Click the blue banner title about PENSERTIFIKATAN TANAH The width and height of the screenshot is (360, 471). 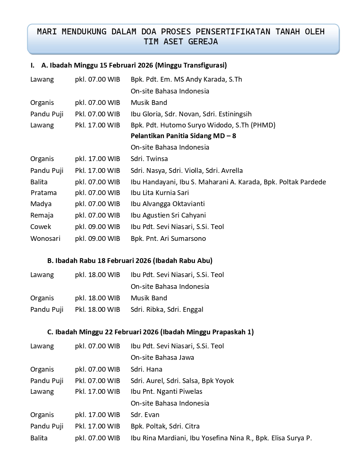[181, 37]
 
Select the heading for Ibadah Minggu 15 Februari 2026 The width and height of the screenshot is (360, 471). [134, 65]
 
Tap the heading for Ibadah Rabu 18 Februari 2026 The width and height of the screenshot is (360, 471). [130, 261]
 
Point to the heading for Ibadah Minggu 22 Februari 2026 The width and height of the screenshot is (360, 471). [150, 332]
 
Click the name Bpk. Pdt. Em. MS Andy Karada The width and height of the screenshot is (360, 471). [186, 79]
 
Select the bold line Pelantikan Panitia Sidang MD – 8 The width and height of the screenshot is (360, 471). [183, 136]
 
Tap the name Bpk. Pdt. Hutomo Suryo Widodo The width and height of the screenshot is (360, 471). [203, 125]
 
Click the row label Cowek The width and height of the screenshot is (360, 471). [41, 227]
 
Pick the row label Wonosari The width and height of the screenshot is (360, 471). [45, 239]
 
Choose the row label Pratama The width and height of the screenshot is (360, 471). [44, 193]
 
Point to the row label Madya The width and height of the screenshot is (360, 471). [41, 204]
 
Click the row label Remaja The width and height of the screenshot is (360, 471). [42, 215]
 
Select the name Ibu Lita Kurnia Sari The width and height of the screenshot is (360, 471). [160, 193]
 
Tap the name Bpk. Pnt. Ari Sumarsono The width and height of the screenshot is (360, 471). [168, 239]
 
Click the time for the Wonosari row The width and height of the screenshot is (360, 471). [97, 239]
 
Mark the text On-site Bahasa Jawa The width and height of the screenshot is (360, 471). [162, 358]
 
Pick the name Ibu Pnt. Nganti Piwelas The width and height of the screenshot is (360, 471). [166, 392]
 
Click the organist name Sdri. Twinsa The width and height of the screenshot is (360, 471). [149, 159]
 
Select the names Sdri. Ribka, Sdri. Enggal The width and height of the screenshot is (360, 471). [167, 310]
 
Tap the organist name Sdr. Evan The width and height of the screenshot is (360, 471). [145, 415]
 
